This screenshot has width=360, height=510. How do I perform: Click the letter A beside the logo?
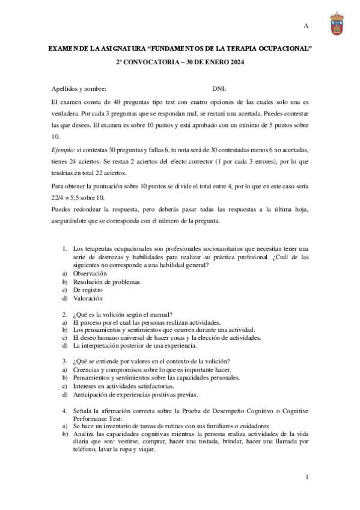pos(305,26)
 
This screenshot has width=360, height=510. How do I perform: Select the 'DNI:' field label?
pos(219,88)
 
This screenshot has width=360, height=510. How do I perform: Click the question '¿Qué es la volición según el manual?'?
pos(123,314)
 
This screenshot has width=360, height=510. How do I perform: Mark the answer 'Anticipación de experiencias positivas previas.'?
pos(135,395)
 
